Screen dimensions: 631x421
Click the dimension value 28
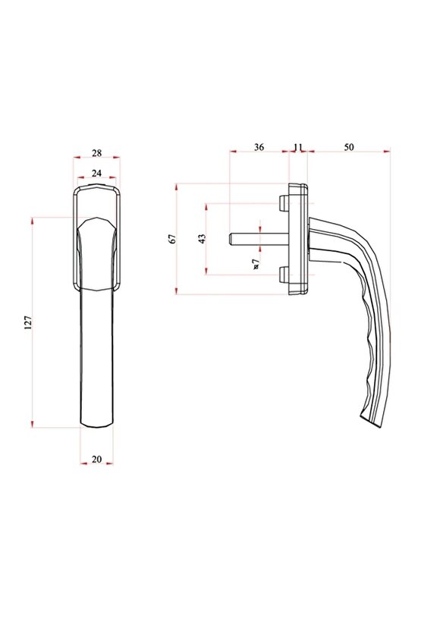96,152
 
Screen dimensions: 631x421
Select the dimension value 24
96,173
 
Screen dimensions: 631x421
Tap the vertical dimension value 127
28,322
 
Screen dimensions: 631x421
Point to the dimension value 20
96,459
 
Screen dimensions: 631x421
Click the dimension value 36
258,147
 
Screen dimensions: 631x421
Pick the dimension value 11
297,147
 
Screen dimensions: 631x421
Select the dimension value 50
349,147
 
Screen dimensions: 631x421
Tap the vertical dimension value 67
172,239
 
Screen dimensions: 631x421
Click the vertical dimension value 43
202,239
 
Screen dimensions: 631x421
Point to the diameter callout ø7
256,263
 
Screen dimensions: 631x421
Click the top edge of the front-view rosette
96,184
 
